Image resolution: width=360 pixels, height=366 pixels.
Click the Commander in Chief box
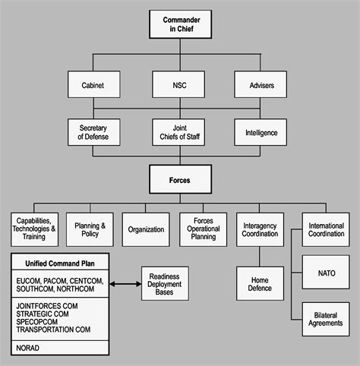pyautogui.click(x=180, y=24)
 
